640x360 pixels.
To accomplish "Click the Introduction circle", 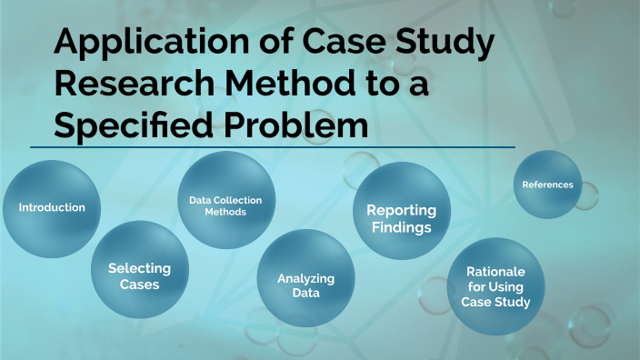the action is point(52,207).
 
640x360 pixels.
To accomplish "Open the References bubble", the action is point(547,185).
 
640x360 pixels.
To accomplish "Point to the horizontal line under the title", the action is point(273,146).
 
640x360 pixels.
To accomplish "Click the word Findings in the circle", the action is point(400,227).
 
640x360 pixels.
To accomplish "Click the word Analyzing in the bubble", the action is point(305,277).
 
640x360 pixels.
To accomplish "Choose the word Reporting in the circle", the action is point(401,210).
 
